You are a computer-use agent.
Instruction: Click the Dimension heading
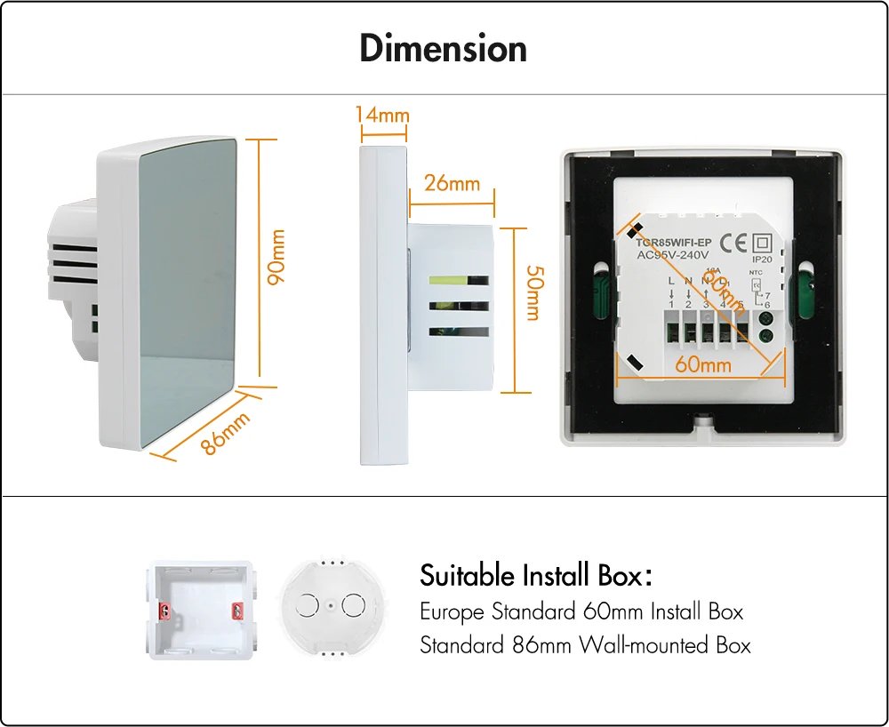(443, 48)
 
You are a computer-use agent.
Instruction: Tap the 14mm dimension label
(382, 116)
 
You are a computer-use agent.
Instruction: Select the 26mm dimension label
(452, 184)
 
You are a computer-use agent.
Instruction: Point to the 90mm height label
(278, 257)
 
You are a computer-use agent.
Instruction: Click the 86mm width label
(224, 433)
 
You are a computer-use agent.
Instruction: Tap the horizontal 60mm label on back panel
(702, 364)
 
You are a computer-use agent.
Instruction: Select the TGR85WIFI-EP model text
(674, 243)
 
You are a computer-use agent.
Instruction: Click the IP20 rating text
(762, 260)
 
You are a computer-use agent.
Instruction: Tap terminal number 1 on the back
(671, 306)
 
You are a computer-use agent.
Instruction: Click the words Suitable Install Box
(530, 576)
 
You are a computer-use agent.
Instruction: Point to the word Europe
(453, 612)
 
